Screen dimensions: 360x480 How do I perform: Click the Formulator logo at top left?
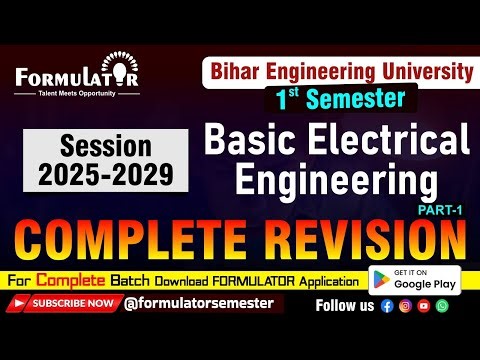pos(76,78)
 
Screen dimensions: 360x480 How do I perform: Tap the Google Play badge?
pos(414,279)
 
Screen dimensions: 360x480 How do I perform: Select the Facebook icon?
pos(387,305)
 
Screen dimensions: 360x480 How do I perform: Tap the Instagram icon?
pos(405,305)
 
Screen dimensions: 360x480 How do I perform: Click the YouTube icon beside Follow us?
pos(423,305)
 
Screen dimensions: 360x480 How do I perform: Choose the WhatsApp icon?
pos(442,305)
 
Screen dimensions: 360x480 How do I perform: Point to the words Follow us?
pos(346,305)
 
